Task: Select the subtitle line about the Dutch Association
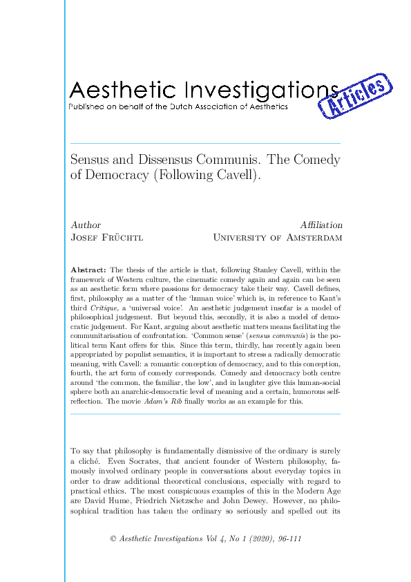pos(178,107)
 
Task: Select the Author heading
pos(86,225)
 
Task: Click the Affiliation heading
pos(321,225)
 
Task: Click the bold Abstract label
pos(88,270)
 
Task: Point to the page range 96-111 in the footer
pos(287,539)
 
